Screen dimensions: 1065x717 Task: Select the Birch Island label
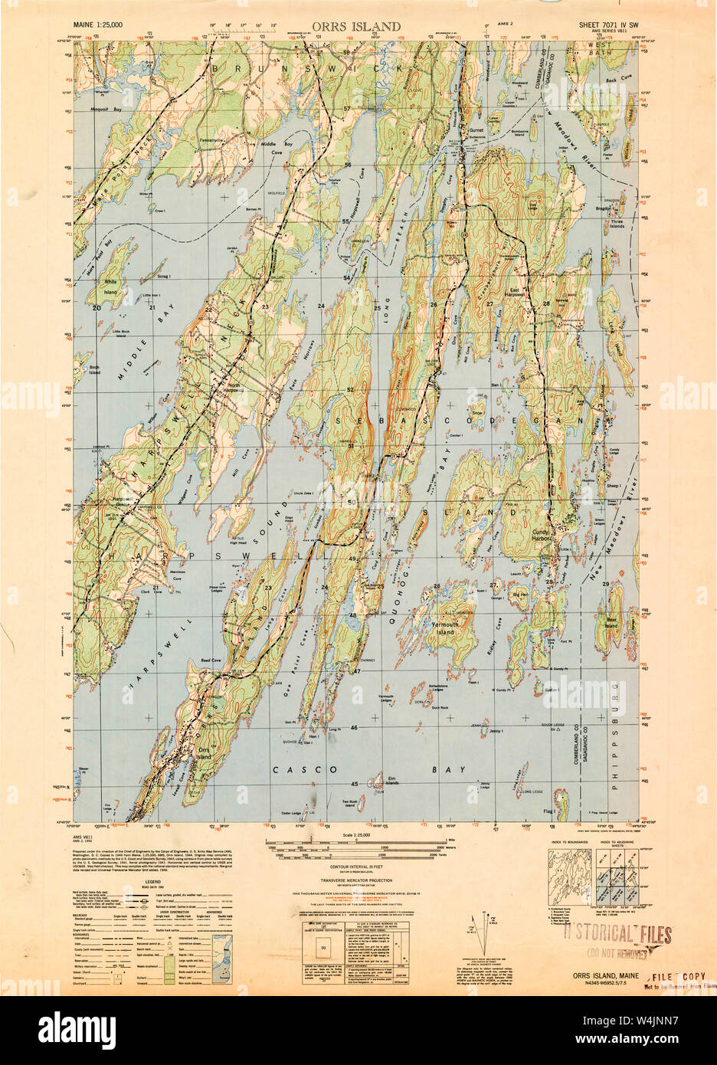[x=95, y=371]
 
